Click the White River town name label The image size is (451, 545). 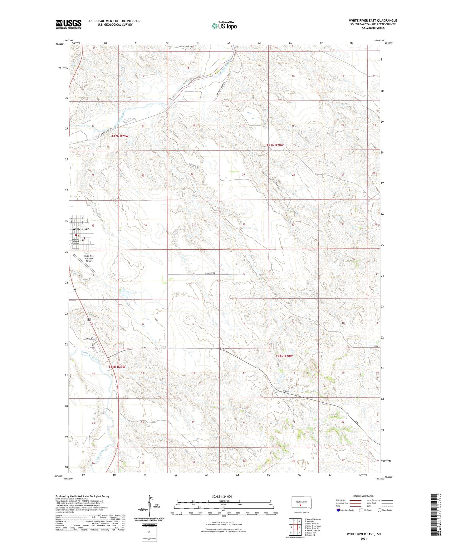pyautogui.click(x=81, y=229)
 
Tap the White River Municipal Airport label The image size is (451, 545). pyautogui.click(x=89, y=258)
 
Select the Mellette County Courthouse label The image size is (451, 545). pyautogui.click(x=76, y=241)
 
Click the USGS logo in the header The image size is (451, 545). pyautogui.click(x=69, y=24)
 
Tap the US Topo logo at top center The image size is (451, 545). pyautogui.click(x=224, y=26)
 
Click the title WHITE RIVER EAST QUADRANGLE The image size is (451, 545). pyautogui.click(x=373, y=21)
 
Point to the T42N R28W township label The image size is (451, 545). pyautogui.click(x=275, y=145)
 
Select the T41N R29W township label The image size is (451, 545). pyautogui.click(x=117, y=367)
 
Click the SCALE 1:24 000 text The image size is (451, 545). pyautogui.click(x=222, y=496)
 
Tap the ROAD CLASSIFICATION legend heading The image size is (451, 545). pyautogui.click(x=364, y=496)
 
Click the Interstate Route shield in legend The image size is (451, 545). pyautogui.click(x=338, y=510)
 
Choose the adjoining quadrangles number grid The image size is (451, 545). pyautogui.click(x=295, y=527)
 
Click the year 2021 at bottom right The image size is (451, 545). pyautogui.click(x=363, y=538)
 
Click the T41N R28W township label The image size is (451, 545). pyautogui.click(x=284, y=356)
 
